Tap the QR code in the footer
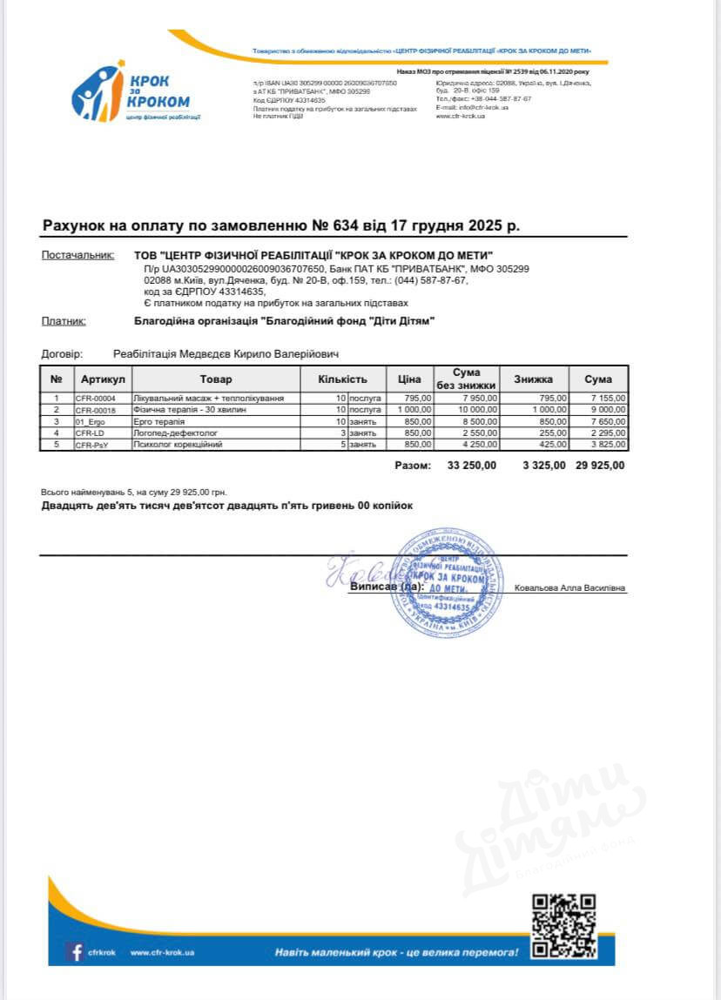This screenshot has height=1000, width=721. pyautogui.click(x=563, y=924)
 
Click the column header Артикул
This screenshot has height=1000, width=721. pyautogui.click(x=103, y=379)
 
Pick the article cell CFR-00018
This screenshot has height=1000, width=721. pyautogui.click(x=96, y=409)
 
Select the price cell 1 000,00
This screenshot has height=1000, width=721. pyautogui.click(x=414, y=409)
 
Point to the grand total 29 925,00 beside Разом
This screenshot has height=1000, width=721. pyautogui.click(x=600, y=466)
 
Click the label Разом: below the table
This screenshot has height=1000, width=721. pyautogui.click(x=413, y=466)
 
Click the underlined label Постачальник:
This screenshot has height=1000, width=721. pyautogui.click(x=77, y=256)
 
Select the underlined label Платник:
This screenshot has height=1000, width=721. pyautogui.click(x=64, y=321)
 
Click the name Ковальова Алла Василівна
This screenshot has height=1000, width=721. pyautogui.click(x=569, y=588)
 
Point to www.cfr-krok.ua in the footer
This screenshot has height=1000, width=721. pyautogui.click(x=162, y=953)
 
